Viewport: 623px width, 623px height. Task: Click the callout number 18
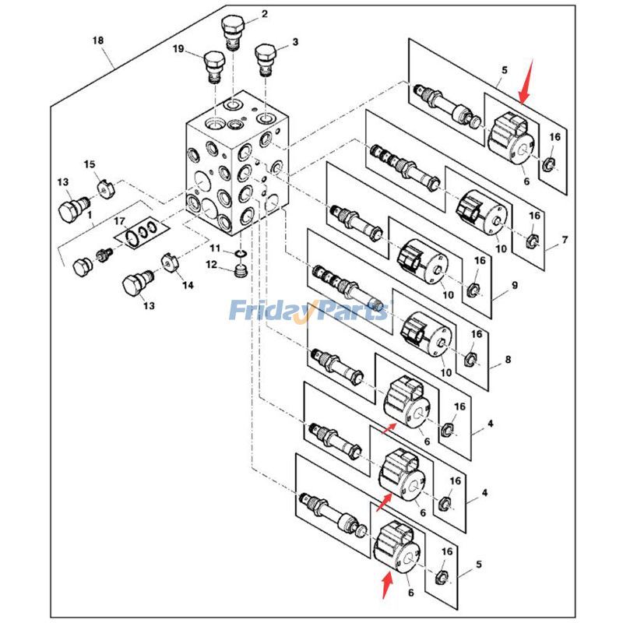point(97,40)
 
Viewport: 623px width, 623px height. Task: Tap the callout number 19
point(178,49)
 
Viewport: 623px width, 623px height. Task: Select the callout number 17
point(119,223)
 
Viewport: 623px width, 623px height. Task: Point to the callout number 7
point(565,239)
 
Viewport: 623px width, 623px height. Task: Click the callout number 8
point(508,360)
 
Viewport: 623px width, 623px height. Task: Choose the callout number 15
point(89,164)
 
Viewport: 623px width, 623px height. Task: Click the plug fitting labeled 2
point(234,31)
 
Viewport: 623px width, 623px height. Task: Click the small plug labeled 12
point(241,273)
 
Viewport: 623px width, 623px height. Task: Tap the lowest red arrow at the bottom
point(386,582)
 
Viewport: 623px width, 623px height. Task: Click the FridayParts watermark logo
point(308,311)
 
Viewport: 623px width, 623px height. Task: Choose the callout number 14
point(188,286)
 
